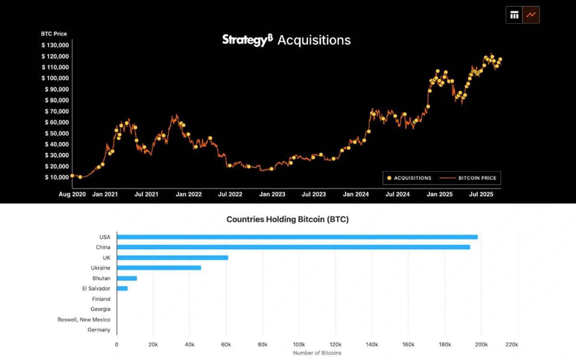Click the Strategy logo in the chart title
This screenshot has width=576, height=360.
(247, 40)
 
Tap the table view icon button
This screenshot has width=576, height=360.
(515, 15)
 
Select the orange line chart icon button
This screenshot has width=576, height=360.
(531, 15)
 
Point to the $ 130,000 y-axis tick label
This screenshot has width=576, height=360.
(55, 45)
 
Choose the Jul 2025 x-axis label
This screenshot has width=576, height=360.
(480, 194)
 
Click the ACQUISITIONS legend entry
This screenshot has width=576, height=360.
(409, 178)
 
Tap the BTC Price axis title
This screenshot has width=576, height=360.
(54, 34)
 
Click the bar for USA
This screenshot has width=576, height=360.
(297, 237)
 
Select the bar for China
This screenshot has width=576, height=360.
(293, 247)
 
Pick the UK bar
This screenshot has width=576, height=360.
(172, 258)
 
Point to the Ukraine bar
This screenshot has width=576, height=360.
(159, 268)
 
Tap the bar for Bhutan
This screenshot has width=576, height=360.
(127, 278)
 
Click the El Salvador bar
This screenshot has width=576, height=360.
(122, 288)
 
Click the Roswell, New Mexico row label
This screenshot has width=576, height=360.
(84, 320)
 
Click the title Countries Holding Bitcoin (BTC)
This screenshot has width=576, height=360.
(288, 220)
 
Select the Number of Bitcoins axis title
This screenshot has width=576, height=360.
(317, 353)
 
